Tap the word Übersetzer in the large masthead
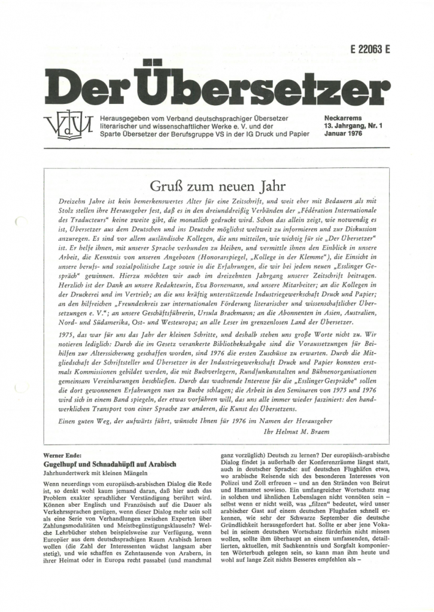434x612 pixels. tap(259, 83)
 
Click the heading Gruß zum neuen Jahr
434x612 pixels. tap(217, 180)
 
